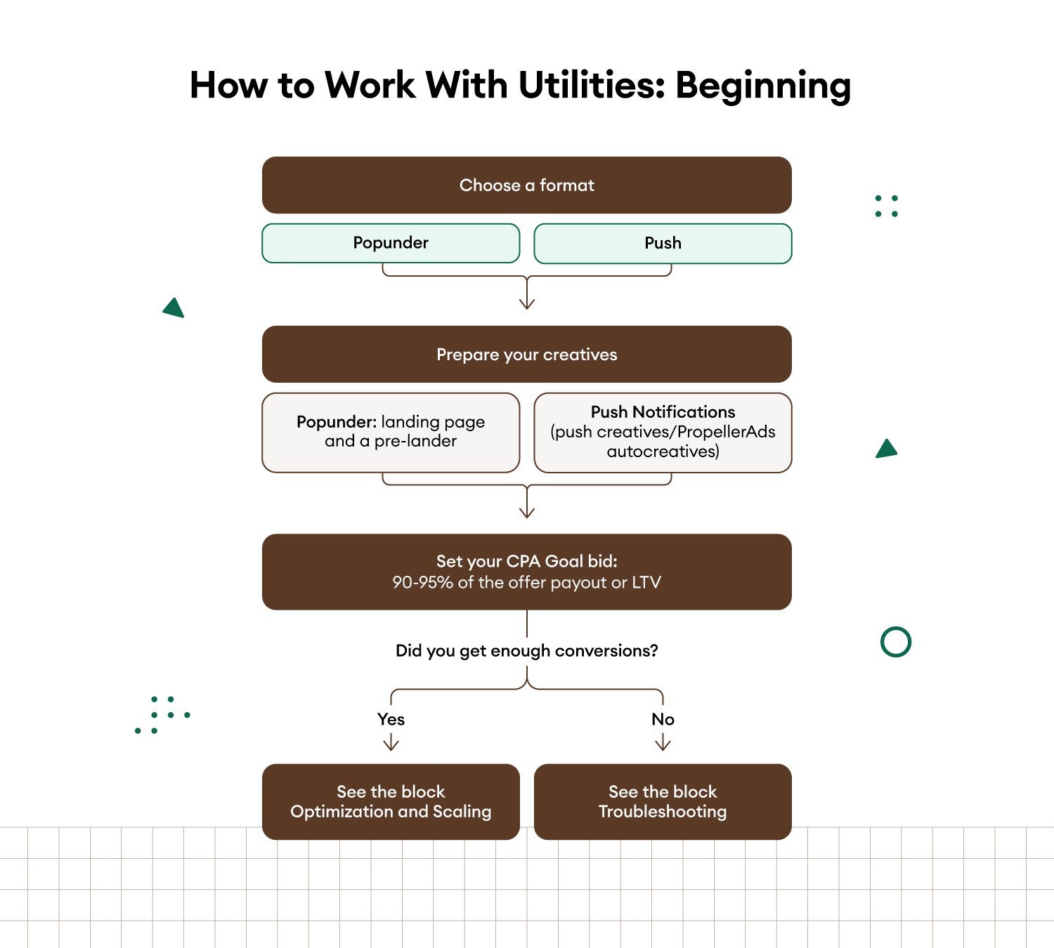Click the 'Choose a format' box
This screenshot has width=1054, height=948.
(526, 185)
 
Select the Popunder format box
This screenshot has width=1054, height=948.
(391, 243)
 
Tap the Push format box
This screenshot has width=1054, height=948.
(663, 243)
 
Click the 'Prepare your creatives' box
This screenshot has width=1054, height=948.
(526, 355)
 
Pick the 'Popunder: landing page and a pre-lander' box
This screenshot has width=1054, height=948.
(391, 432)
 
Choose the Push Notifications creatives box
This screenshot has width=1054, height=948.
(663, 432)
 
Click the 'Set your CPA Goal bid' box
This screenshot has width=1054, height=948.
(526, 572)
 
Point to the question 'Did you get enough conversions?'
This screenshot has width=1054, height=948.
(526, 651)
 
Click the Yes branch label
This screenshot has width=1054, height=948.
(391, 719)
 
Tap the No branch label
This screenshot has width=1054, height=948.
(663, 719)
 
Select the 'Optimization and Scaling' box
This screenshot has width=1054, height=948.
(391, 802)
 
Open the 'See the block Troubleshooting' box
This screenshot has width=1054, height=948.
(663, 802)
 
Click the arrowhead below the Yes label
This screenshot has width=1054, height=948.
(391, 745)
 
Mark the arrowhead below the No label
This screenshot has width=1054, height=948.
(663, 745)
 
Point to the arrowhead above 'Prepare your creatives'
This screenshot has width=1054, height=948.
(527, 304)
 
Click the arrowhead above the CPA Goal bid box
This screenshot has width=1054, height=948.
(527, 513)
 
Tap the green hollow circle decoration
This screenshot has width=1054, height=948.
(896, 642)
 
